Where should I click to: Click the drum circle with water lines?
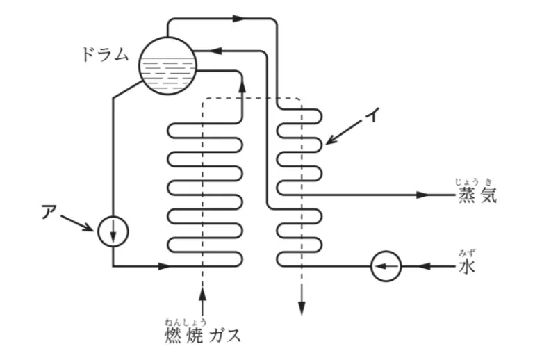click(167, 65)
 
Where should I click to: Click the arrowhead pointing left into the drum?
click(217, 50)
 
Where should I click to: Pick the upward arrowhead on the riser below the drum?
click(242, 84)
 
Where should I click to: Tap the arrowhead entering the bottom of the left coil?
click(164, 265)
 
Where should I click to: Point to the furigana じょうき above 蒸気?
click(475, 181)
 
